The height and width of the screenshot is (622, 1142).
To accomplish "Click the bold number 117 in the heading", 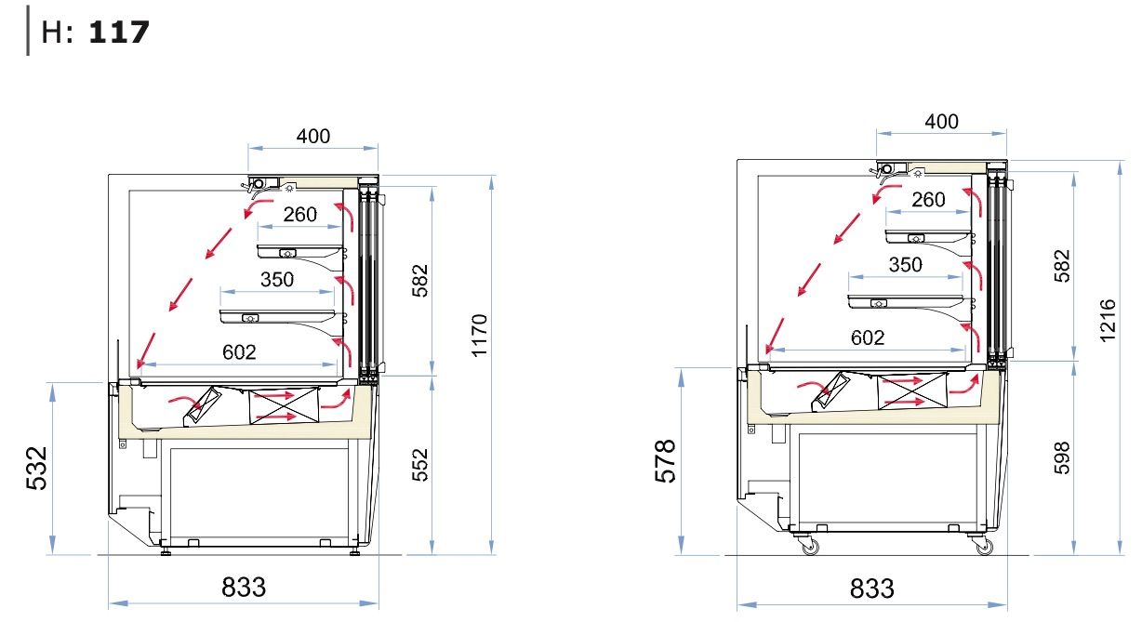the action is coord(119,33).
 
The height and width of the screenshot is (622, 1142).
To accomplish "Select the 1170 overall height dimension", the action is coord(479,335).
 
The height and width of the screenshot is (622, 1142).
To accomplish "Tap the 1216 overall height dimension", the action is coord(1108,320).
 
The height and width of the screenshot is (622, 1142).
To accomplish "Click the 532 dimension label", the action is coord(36,468).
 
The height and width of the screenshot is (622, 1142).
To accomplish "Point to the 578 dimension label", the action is coord(665,460).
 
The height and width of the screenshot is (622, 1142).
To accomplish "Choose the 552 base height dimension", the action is coord(419,465).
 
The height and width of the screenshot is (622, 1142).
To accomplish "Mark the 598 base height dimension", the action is coord(1061,457).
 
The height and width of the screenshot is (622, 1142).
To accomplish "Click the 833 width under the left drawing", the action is coord(244,587).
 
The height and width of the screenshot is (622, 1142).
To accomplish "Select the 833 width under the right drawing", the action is coord(871,589).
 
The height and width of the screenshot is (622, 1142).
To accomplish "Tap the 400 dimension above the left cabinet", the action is coord(313,136).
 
